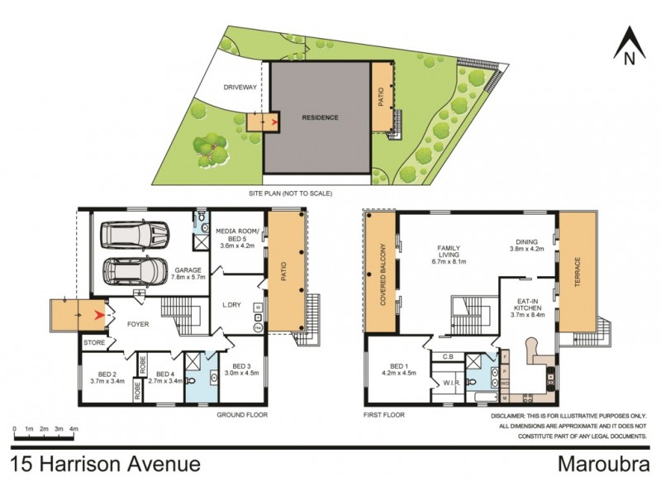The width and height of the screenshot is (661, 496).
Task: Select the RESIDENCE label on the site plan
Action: (x=319, y=117)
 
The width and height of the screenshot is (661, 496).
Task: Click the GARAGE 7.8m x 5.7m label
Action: (x=188, y=274)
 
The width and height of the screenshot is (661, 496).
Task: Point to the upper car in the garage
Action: (x=136, y=236)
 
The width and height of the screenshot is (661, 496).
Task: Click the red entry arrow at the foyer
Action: (x=101, y=315)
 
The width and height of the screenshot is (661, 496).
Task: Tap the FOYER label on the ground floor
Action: (x=137, y=324)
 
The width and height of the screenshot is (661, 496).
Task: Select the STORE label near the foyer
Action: (x=93, y=341)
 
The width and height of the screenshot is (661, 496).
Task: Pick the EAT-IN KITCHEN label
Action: (x=526, y=306)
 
